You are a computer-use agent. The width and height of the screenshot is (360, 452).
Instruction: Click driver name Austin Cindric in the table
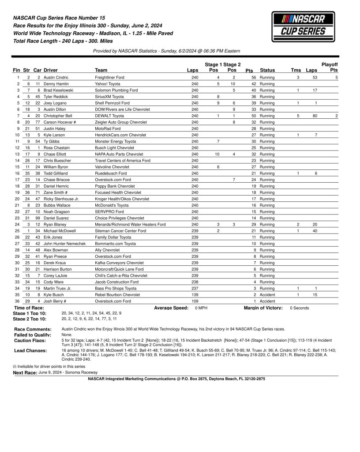tap(56, 77)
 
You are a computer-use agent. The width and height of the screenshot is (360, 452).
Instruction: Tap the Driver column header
tap(51, 70)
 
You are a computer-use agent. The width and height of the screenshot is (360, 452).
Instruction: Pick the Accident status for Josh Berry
tap(267, 301)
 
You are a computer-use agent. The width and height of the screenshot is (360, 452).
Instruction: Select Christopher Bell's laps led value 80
tap(312, 116)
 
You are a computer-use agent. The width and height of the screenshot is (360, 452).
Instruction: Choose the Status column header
tap(267, 70)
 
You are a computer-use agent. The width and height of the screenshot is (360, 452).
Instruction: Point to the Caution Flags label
tap(30, 341)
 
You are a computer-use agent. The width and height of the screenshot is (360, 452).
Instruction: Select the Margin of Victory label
tap(263, 308)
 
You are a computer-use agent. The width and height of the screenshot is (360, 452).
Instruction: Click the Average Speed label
tap(171, 308)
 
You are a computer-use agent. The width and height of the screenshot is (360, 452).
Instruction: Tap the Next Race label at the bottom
tap(25, 373)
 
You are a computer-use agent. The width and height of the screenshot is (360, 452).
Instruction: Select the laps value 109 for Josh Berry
tap(195, 301)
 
